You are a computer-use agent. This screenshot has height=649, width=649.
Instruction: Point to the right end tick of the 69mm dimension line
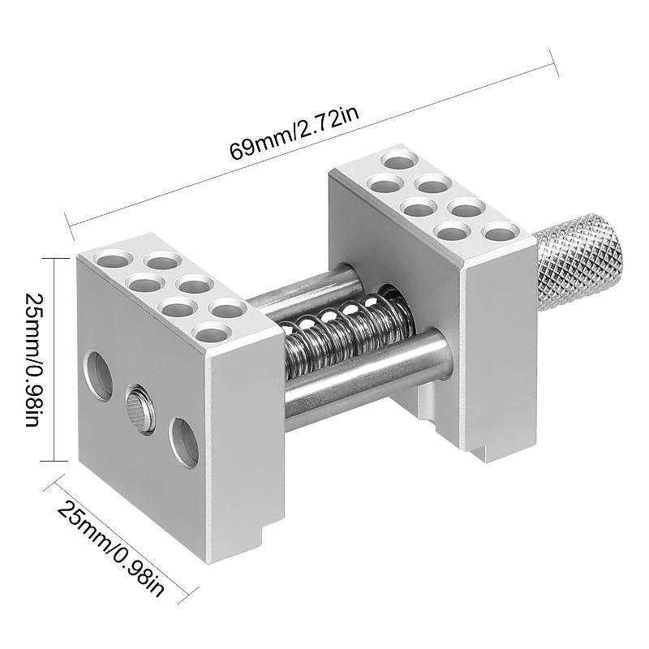coord(553,64)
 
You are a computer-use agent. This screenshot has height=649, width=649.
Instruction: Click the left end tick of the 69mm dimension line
coord(66,219)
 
